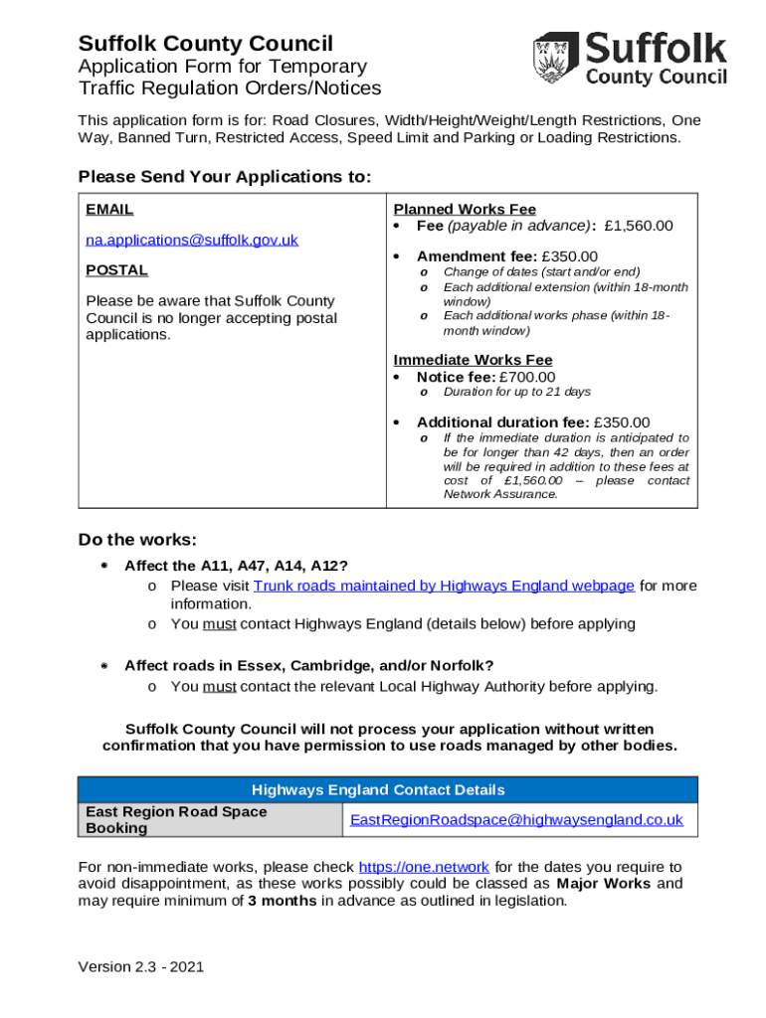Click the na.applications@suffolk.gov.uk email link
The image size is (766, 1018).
click(x=191, y=240)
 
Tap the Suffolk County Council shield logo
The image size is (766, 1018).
click(x=555, y=59)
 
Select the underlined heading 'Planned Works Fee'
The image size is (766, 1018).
click(x=465, y=209)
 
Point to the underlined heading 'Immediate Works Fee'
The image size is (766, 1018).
click(x=473, y=359)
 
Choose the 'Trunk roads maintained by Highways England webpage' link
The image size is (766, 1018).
click(x=444, y=586)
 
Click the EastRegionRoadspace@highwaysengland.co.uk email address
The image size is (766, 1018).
click(x=516, y=820)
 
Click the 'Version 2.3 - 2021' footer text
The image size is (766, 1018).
click(x=141, y=966)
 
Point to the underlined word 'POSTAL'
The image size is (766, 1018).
click(x=116, y=269)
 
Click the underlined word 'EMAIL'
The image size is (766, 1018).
click(x=109, y=210)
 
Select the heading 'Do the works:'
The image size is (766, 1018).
click(x=137, y=540)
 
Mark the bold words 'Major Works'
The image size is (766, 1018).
click(x=604, y=884)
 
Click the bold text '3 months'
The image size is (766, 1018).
click(x=282, y=901)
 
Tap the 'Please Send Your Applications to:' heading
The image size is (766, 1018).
click(x=224, y=177)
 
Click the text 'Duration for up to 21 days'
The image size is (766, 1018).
click(x=516, y=393)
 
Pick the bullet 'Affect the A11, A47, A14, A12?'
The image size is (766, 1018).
click(x=236, y=566)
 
